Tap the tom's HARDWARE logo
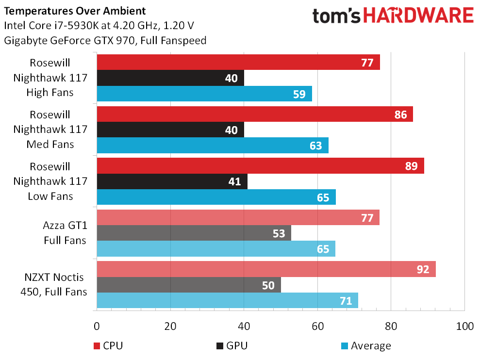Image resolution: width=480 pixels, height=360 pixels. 393,16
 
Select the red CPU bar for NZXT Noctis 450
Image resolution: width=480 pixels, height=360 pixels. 266,269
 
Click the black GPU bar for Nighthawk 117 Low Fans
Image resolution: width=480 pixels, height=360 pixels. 172,182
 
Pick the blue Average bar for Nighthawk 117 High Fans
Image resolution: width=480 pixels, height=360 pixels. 204,94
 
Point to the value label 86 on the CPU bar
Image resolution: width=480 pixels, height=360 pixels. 400,115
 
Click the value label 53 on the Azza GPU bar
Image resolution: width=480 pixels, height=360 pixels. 279,234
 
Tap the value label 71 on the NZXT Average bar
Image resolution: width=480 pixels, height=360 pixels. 346,301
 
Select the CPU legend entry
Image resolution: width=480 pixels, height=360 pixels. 108,345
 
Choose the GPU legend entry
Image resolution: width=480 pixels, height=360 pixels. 232,345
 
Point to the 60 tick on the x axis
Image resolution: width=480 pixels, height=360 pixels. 317,326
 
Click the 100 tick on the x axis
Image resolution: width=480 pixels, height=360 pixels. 464,326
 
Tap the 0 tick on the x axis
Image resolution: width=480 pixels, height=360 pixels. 97,326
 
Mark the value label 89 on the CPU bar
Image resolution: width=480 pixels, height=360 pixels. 411,166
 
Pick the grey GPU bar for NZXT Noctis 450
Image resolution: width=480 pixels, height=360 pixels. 189,285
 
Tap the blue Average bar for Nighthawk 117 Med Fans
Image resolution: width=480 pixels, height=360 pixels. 213,145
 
